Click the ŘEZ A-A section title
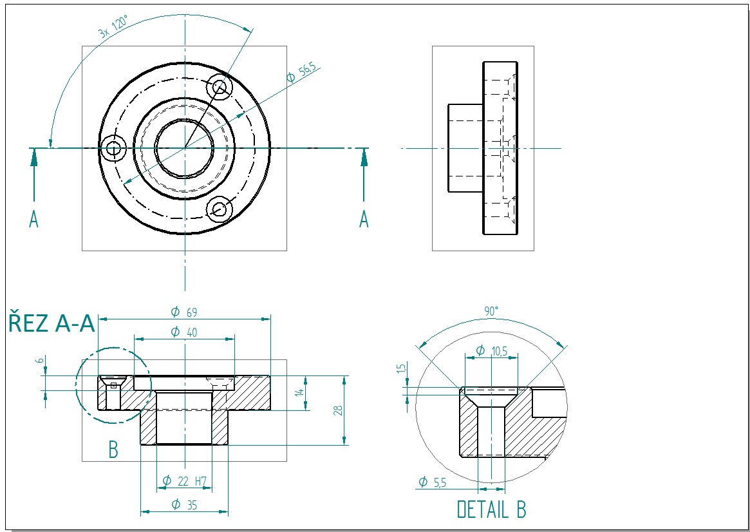tap(52, 323)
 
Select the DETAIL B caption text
tap(491, 509)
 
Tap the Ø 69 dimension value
tap(184, 312)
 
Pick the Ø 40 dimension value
tap(184, 332)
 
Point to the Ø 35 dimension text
tap(184, 505)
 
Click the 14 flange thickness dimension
tap(299, 392)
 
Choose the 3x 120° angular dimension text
tap(113, 28)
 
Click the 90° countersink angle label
tap(491, 311)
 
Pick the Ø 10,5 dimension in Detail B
tap(491, 350)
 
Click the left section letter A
tap(34, 220)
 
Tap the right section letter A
tap(364, 220)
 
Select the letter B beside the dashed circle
tap(113, 450)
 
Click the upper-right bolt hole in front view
tap(220, 86)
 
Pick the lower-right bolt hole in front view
tap(220, 209)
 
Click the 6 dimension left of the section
tap(39, 361)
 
